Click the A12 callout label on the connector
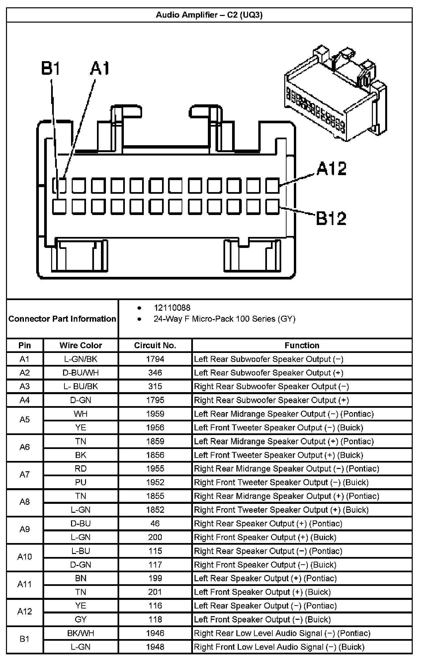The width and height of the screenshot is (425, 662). [x=331, y=168]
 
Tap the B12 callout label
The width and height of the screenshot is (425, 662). [x=331, y=218]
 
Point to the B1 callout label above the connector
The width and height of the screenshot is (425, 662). [x=51, y=68]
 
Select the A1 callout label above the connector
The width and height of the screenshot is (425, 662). [x=100, y=68]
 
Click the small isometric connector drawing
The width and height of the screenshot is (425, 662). [x=335, y=95]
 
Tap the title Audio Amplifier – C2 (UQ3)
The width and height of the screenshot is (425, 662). [x=209, y=15]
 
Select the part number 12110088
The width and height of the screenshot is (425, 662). [x=172, y=308]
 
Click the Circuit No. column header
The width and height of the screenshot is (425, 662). [x=155, y=345]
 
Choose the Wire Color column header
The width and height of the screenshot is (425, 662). [x=81, y=345]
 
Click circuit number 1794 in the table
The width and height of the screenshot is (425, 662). [x=155, y=359]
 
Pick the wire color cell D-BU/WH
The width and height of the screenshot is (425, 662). [x=81, y=373]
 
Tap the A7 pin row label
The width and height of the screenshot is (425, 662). [x=25, y=475]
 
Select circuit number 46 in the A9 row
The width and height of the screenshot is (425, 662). [x=155, y=523]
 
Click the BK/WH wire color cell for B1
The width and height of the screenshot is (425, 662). [x=81, y=633]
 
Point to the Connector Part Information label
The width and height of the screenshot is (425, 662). [x=62, y=319]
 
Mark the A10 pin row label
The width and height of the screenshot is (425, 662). [x=25, y=557]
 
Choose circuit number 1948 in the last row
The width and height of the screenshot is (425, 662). [x=155, y=647]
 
